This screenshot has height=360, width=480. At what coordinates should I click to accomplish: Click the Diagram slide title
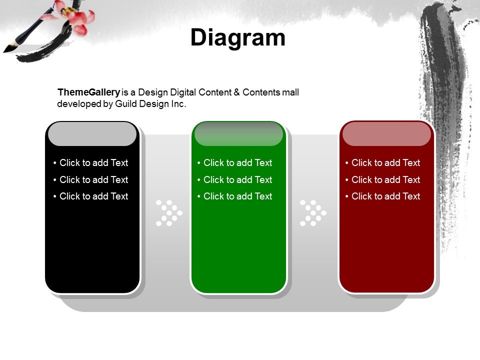coord(238,38)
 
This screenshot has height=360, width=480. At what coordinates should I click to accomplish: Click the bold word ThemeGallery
coord(89,92)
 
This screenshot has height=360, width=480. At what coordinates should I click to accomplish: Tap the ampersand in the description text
coord(236,92)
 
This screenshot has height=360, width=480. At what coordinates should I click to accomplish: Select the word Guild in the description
coord(126,104)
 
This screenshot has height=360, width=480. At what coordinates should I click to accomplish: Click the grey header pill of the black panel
coord(92,134)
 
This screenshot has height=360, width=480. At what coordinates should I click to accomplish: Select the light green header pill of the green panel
coord(239,134)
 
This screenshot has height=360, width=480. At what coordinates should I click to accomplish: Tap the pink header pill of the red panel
coord(386,134)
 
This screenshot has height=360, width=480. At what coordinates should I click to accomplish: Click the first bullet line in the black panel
coord(90,162)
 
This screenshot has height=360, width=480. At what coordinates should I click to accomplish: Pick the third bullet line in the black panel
coord(90,196)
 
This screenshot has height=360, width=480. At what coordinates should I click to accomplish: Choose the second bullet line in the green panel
coord(235,179)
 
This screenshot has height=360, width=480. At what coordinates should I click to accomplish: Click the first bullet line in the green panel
coord(235,162)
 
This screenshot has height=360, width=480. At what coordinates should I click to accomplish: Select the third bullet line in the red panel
coord(382,196)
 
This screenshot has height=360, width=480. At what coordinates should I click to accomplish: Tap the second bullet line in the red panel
coord(382,179)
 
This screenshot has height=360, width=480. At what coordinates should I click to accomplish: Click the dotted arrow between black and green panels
coord(169,213)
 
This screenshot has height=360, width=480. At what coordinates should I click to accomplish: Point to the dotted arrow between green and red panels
coord(313,213)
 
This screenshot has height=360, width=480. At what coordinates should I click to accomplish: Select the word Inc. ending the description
coord(178,104)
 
